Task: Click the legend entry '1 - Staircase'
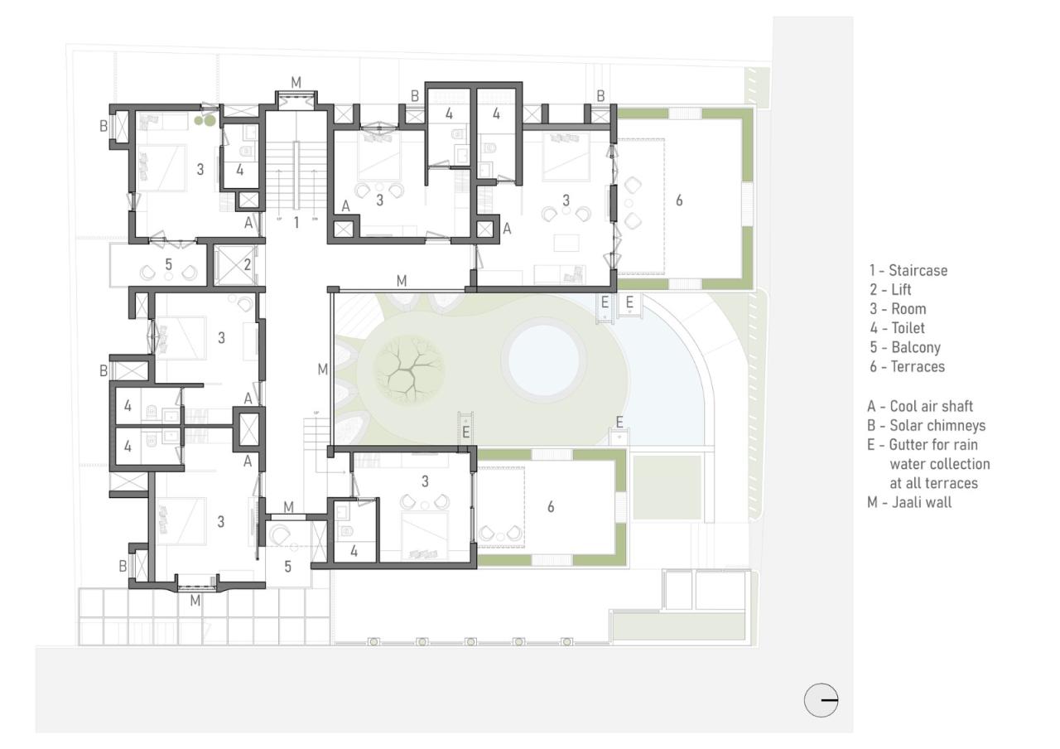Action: point(908,271)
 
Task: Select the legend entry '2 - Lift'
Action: point(889,290)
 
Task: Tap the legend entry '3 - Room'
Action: point(897,309)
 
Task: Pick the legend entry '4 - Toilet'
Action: point(897,328)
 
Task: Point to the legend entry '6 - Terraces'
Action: point(906,366)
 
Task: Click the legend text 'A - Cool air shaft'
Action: point(920,407)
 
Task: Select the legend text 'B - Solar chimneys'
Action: point(926,426)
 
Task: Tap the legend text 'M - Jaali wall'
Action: point(909,502)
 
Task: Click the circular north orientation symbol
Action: point(821,700)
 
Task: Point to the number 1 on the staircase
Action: point(296,222)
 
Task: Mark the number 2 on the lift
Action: point(248,265)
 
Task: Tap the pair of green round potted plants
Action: point(205,121)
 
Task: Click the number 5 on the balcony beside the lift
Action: point(169,266)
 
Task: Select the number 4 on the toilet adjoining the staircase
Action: point(239,171)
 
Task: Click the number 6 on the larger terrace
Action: point(679,201)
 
